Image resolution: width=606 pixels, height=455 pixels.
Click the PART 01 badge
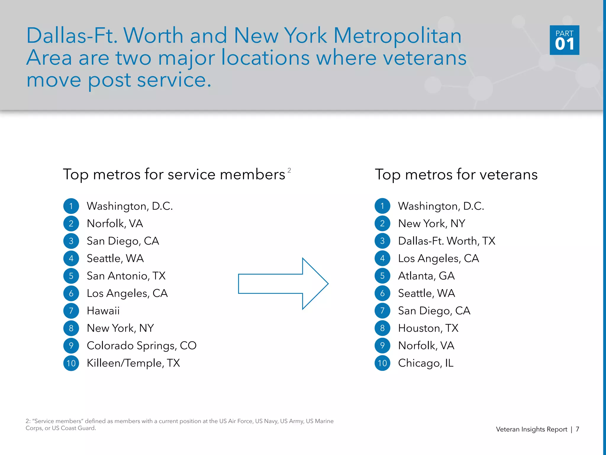[x=564, y=40]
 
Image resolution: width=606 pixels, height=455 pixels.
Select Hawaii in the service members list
[x=103, y=311]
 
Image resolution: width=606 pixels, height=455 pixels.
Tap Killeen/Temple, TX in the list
[x=133, y=363]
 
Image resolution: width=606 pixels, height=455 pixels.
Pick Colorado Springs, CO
[x=141, y=346]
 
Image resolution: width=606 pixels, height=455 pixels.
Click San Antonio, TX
[x=126, y=276]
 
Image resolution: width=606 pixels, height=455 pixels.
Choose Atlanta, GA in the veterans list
[x=426, y=276]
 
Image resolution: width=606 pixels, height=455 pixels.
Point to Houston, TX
[x=428, y=328]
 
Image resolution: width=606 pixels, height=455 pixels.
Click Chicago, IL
[x=426, y=363]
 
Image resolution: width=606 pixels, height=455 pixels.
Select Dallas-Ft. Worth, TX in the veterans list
[x=447, y=241]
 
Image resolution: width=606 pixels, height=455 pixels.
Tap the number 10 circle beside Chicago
[x=382, y=363]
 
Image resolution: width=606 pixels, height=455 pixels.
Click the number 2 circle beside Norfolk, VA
[x=71, y=223]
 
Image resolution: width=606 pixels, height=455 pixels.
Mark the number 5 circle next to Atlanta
[x=382, y=276]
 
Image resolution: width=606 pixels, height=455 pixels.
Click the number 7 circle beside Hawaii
[x=71, y=311]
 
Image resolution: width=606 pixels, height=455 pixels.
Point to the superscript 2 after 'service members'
[x=289, y=170]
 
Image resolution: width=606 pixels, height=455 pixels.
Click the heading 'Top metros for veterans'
[x=456, y=174]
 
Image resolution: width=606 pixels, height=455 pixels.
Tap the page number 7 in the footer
[x=577, y=429]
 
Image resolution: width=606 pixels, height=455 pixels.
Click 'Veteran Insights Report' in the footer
[x=531, y=429]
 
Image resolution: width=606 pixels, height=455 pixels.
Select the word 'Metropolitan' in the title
[x=397, y=36]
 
